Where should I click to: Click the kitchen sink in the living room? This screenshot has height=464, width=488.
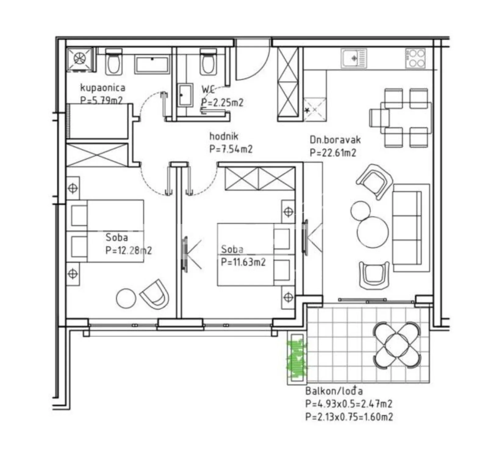(x=354, y=58)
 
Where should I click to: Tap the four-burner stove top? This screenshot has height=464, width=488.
(x=415, y=58)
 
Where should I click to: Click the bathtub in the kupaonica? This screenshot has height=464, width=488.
(x=152, y=65)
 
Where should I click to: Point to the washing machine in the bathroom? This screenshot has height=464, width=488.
(x=80, y=59)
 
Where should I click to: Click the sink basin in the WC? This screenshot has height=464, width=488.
(x=185, y=95)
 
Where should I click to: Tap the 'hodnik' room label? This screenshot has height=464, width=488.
(x=224, y=136)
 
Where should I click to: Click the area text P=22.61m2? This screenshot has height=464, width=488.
(x=333, y=153)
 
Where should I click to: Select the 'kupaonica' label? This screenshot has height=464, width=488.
(x=102, y=88)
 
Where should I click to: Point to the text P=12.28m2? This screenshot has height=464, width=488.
(x=128, y=250)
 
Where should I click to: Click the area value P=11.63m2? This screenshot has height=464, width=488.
(x=243, y=262)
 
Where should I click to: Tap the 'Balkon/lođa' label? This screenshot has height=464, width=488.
(x=334, y=391)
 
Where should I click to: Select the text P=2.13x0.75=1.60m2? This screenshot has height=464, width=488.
(x=349, y=416)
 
